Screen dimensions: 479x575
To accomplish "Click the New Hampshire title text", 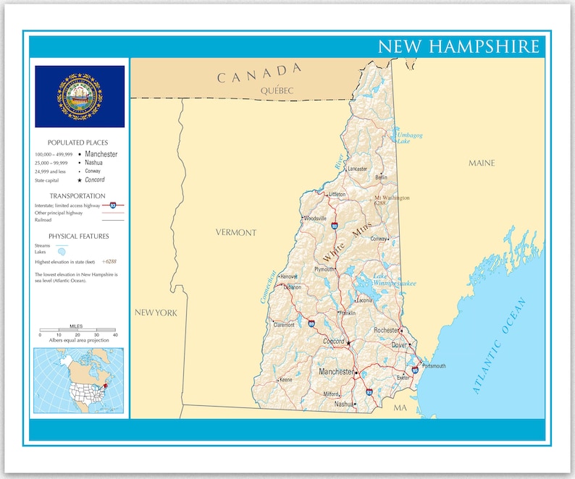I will coord(459,46).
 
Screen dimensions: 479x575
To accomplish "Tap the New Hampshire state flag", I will coord(80,96).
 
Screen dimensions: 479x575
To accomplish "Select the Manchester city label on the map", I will coord(336,372).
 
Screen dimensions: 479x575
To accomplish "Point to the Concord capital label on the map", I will coord(334,341).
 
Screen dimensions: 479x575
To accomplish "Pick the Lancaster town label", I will coord(358,169).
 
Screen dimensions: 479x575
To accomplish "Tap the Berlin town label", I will coord(381,177).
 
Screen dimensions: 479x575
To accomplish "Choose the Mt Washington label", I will coord(391,198).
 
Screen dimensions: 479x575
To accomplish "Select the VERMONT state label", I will coord(235,232).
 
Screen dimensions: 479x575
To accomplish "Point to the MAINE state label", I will coord(482,163).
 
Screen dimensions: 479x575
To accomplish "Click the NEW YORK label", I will coord(155,313).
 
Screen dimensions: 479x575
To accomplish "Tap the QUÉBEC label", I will coord(278,90).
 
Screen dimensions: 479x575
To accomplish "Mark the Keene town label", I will coord(286,379).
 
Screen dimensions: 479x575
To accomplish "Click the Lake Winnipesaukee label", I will coord(394,280).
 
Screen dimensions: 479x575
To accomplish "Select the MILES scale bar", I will coord(77,332).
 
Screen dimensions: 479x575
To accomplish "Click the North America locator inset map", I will coord(78,380).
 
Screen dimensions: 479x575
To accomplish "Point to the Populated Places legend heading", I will coord(78,143).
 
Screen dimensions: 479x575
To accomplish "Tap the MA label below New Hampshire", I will coord(400,409).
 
